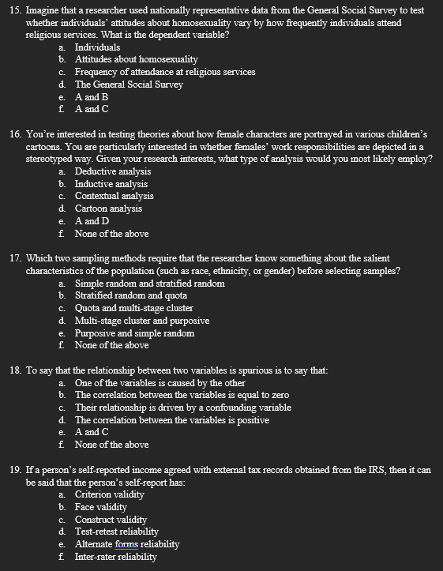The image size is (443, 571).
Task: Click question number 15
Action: pyautogui.click(x=17, y=10)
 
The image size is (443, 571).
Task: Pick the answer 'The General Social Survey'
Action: pyautogui.click(x=129, y=84)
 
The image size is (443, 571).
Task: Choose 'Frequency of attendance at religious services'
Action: pyautogui.click(x=165, y=72)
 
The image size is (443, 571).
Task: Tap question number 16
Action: pyautogui.click(x=17, y=134)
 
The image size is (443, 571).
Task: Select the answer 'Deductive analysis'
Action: pyautogui.click(x=113, y=171)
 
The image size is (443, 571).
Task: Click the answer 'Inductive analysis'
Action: pyautogui.click(x=111, y=184)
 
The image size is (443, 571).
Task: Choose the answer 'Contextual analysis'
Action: pyautogui.click(x=115, y=196)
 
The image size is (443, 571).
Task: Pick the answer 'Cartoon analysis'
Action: pyautogui.click(x=109, y=208)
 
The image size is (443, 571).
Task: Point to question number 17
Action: pyautogui.click(x=17, y=258)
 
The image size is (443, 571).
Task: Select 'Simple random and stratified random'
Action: pyautogui.click(x=149, y=283)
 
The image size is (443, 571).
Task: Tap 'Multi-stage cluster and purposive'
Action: pyautogui.click(x=142, y=320)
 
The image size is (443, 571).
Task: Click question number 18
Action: pyautogui.click(x=17, y=370)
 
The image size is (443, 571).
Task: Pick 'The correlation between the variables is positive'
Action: pyautogui.click(x=171, y=419)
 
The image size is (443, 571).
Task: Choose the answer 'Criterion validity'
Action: pyautogui.click(x=110, y=494)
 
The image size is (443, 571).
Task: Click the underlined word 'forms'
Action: pyautogui.click(x=126, y=544)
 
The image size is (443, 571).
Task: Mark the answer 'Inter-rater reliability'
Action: pyautogui.click(x=115, y=557)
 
